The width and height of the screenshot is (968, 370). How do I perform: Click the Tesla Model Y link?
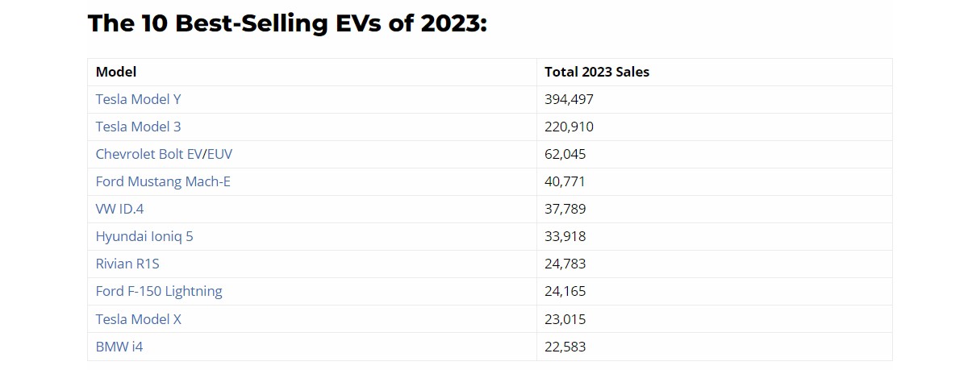click(138, 100)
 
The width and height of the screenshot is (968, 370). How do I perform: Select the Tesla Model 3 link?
click(138, 127)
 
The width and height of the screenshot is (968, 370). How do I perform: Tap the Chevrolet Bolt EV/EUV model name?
click(164, 155)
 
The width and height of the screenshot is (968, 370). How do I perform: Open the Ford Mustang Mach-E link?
click(163, 182)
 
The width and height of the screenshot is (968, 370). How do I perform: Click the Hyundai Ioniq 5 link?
click(144, 237)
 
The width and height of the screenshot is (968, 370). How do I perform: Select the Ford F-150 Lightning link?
click(159, 292)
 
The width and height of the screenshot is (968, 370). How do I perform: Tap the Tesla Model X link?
click(139, 319)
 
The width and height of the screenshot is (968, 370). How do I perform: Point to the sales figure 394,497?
click(569, 100)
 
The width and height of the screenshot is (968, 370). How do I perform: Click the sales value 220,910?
click(569, 127)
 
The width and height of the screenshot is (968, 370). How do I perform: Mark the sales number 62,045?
click(565, 155)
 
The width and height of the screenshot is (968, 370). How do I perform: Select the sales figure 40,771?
click(565, 182)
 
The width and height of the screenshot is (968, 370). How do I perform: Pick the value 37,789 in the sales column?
click(565, 210)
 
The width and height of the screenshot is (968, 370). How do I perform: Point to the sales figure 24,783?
click(565, 264)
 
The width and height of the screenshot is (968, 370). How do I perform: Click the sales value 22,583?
click(565, 347)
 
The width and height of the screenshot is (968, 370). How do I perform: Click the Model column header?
click(116, 73)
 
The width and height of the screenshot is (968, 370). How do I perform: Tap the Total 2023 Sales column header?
click(597, 73)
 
